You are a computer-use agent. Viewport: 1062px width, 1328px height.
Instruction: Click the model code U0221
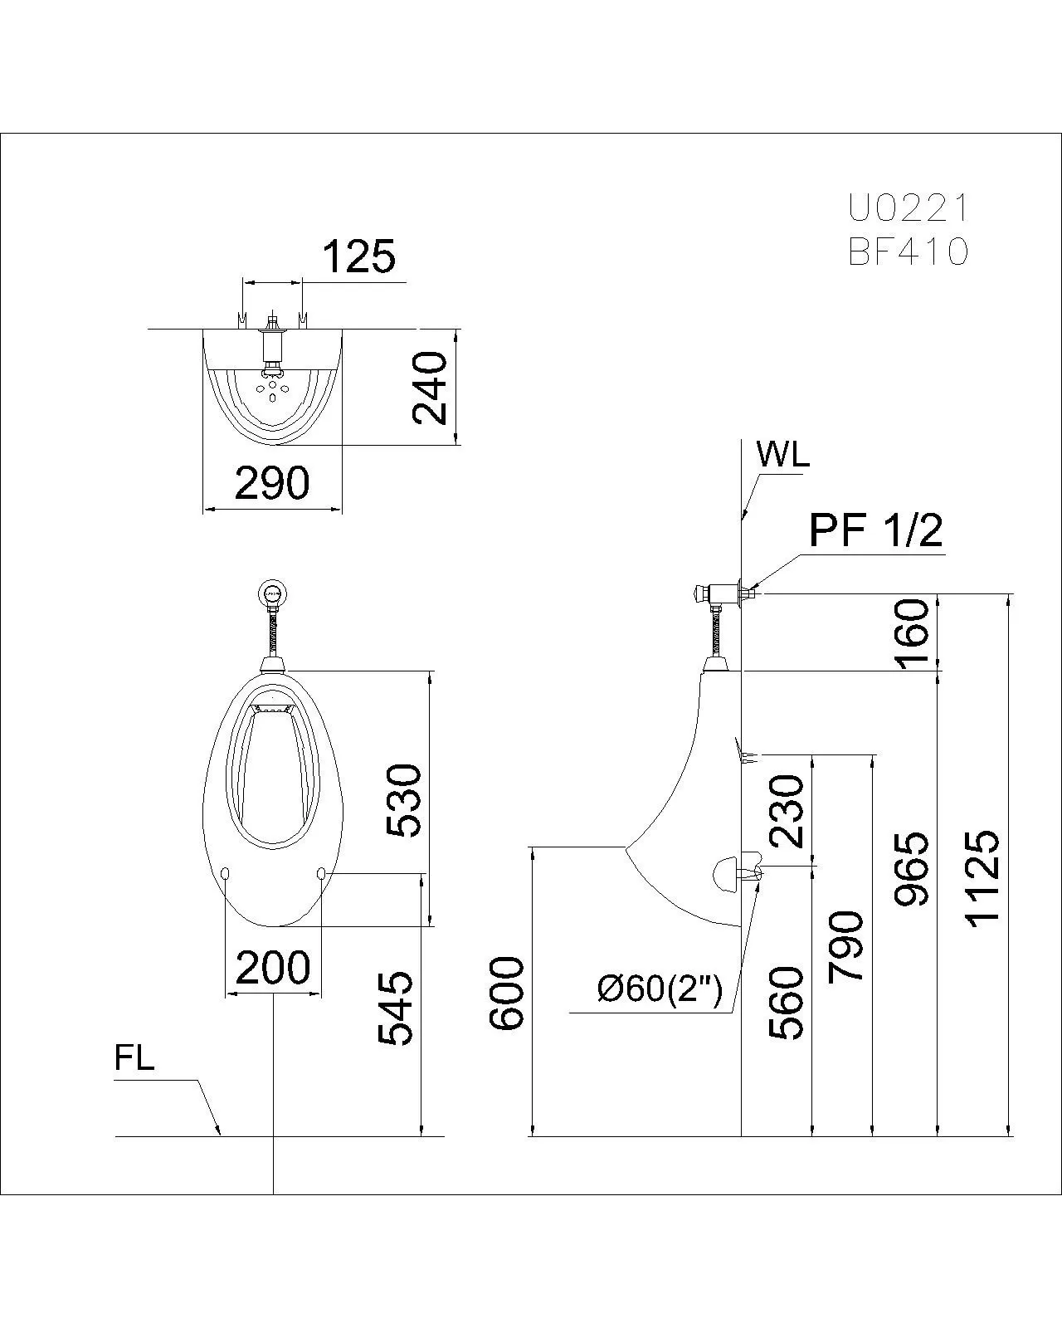coord(908,207)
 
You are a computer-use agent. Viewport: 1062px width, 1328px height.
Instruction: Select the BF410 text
coord(908,251)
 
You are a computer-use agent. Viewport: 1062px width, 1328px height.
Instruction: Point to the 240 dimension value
coord(431,388)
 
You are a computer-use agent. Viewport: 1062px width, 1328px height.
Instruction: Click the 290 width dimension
coord(272,482)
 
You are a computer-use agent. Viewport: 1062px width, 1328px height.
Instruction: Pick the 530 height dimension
coord(405,801)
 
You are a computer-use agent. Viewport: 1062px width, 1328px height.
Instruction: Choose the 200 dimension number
coord(273,967)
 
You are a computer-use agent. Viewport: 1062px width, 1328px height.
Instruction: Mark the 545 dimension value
coord(396,1008)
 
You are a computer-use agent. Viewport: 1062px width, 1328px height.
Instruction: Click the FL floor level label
coord(134,1059)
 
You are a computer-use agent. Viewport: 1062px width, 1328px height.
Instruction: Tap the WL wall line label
coord(782,455)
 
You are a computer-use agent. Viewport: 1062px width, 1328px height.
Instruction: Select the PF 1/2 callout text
coord(876,530)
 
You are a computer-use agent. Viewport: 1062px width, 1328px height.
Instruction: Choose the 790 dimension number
coord(846,946)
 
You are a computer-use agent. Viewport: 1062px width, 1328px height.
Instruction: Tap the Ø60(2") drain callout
coord(660,989)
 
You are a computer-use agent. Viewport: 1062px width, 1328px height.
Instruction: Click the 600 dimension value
coord(507,994)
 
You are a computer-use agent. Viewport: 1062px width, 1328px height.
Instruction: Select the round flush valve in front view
coord(273,593)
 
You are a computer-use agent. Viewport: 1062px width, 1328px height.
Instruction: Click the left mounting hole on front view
coord(226,872)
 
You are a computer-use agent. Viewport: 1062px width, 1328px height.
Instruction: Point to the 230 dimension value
coord(787,811)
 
